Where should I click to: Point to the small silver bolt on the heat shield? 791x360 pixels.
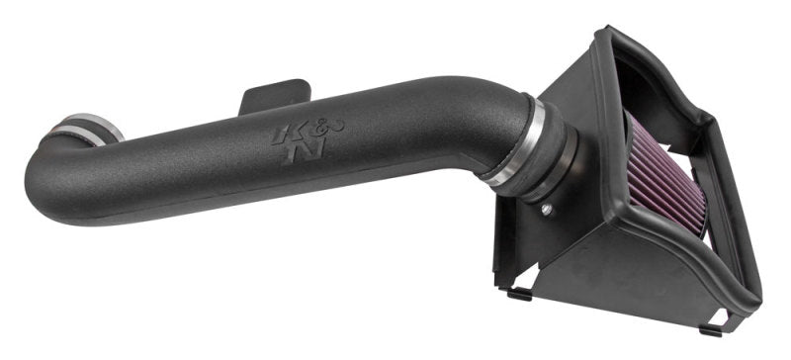548,209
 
